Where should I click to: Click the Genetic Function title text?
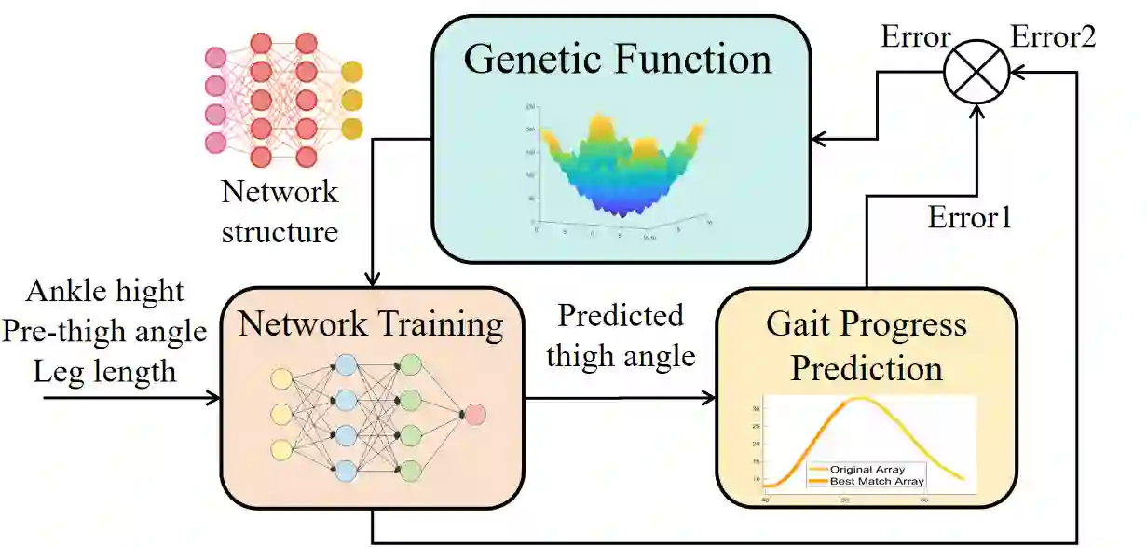pyautogui.click(x=618, y=60)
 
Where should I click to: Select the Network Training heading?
pyautogui.click(x=371, y=325)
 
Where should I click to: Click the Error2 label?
pyautogui.click(x=1053, y=37)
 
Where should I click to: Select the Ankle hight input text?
pyautogui.click(x=105, y=290)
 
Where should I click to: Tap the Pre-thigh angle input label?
pyautogui.click(x=105, y=331)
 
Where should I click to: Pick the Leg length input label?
pyautogui.click(x=105, y=371)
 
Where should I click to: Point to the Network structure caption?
pyautogui.click(x=280, y=212)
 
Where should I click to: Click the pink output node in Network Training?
pyautogui.click(x=473, y=414)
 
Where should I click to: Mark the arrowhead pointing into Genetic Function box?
pyautogui.click(x=818, y=140)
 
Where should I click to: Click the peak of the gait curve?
pyautogui.click(x=861, y=399)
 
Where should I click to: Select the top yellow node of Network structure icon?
pyautogui.click(x=351, y=72)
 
